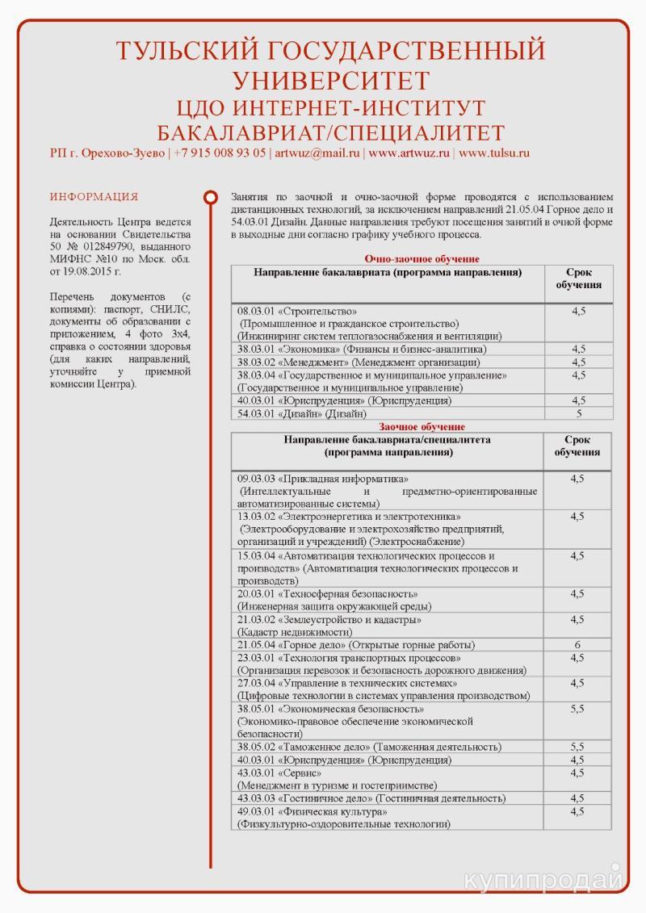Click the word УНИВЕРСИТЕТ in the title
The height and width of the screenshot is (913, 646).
coord(330,81)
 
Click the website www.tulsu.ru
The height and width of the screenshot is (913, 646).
coord(494,153)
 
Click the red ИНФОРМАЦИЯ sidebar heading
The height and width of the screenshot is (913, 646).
coord(94,197)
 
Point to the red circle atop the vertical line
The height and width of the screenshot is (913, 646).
coord(211,197)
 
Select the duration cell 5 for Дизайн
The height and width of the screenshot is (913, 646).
coord(578,413)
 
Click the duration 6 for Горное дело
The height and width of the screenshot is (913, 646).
coord(577,645)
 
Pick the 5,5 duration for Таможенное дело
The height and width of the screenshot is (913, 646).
coord(577,747)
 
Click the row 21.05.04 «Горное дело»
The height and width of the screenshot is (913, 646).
coord(355,645)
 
